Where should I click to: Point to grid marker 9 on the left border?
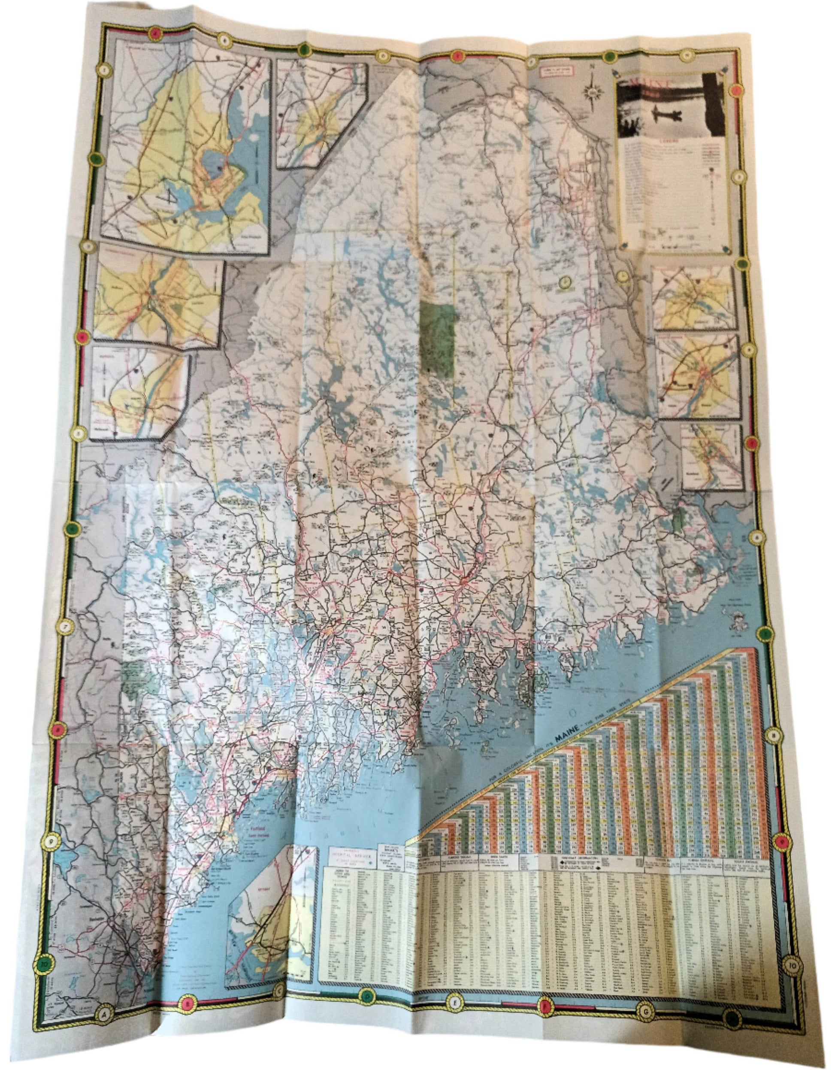(x=49, y=842)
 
